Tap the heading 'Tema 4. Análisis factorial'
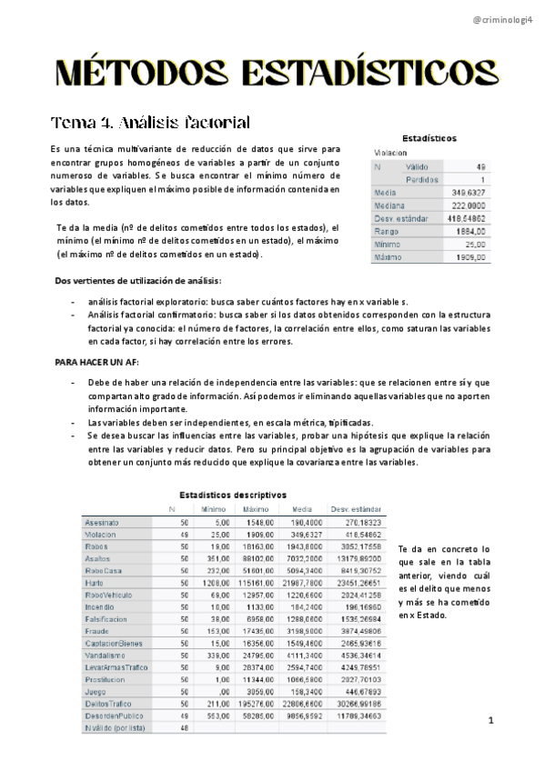pos(150,123)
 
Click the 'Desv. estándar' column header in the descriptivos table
pos(356,509)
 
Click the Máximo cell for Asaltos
pos(257,557)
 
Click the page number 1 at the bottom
pos(489,722)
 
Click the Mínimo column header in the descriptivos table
pos(214,509)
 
